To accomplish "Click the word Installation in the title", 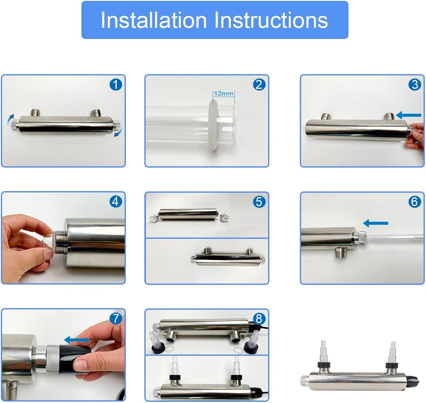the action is coord(154,20).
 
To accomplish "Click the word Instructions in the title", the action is coord(271,20).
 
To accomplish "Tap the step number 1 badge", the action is coord(116,85).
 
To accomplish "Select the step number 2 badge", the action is coord(259,85).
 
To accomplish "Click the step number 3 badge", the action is coord(415,85).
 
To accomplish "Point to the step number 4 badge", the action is coord(116,201).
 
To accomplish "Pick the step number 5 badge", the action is coord(259,201).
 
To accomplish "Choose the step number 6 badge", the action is coord(415,201).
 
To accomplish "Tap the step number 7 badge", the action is coord(116,318).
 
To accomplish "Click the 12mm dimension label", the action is coord(223,93).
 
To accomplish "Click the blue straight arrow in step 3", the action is coord(409,115).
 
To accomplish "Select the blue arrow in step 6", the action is coord(376,224).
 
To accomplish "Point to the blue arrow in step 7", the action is coord(77,339).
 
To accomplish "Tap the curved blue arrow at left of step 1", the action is coord(10,119).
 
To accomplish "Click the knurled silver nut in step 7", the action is coord(53,359).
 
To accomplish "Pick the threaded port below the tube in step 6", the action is coord(341,252).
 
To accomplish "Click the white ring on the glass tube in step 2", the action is coord(213,124).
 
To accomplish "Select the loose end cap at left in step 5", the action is coord(154,218).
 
